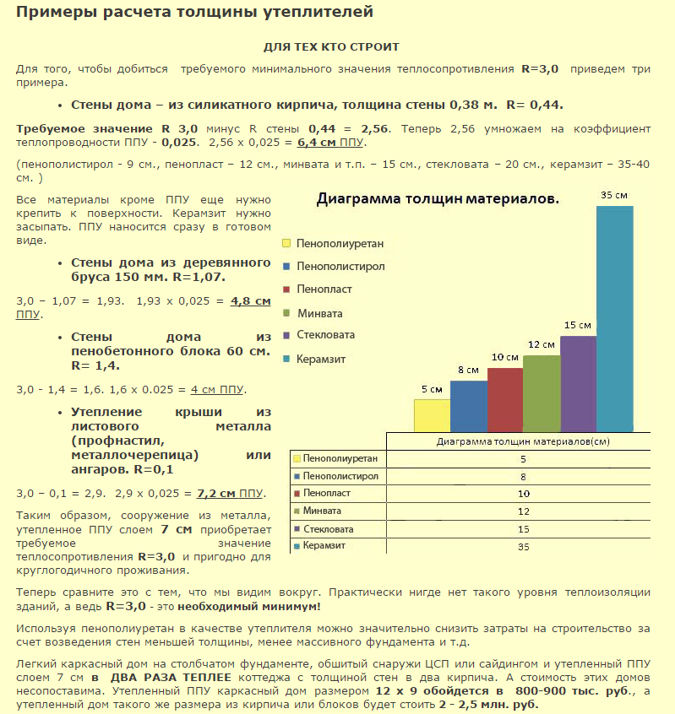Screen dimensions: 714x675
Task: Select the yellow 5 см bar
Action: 432,415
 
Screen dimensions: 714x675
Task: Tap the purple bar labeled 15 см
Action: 578,384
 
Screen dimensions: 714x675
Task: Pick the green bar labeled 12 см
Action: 542,393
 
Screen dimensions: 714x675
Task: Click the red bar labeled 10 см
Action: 505,400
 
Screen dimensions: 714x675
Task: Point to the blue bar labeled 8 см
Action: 469,406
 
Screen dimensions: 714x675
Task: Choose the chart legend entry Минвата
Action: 320,313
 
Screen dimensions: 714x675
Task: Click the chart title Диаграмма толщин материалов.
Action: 438,199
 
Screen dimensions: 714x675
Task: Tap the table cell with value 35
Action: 523,547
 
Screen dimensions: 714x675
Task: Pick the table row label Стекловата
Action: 330,529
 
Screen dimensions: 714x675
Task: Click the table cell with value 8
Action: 523,476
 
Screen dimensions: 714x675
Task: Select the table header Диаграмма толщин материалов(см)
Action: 523,441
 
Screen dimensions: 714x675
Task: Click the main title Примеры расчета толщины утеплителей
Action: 195,14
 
